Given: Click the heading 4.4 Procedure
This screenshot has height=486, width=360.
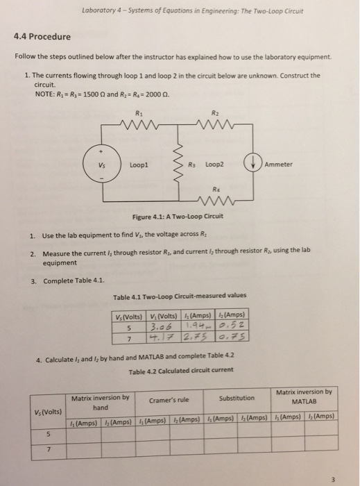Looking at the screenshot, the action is [x=42, y=36].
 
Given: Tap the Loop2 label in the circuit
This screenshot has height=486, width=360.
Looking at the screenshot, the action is [x=212, y=165].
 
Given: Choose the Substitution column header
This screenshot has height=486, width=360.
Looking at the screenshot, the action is [x=237, y=399].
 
